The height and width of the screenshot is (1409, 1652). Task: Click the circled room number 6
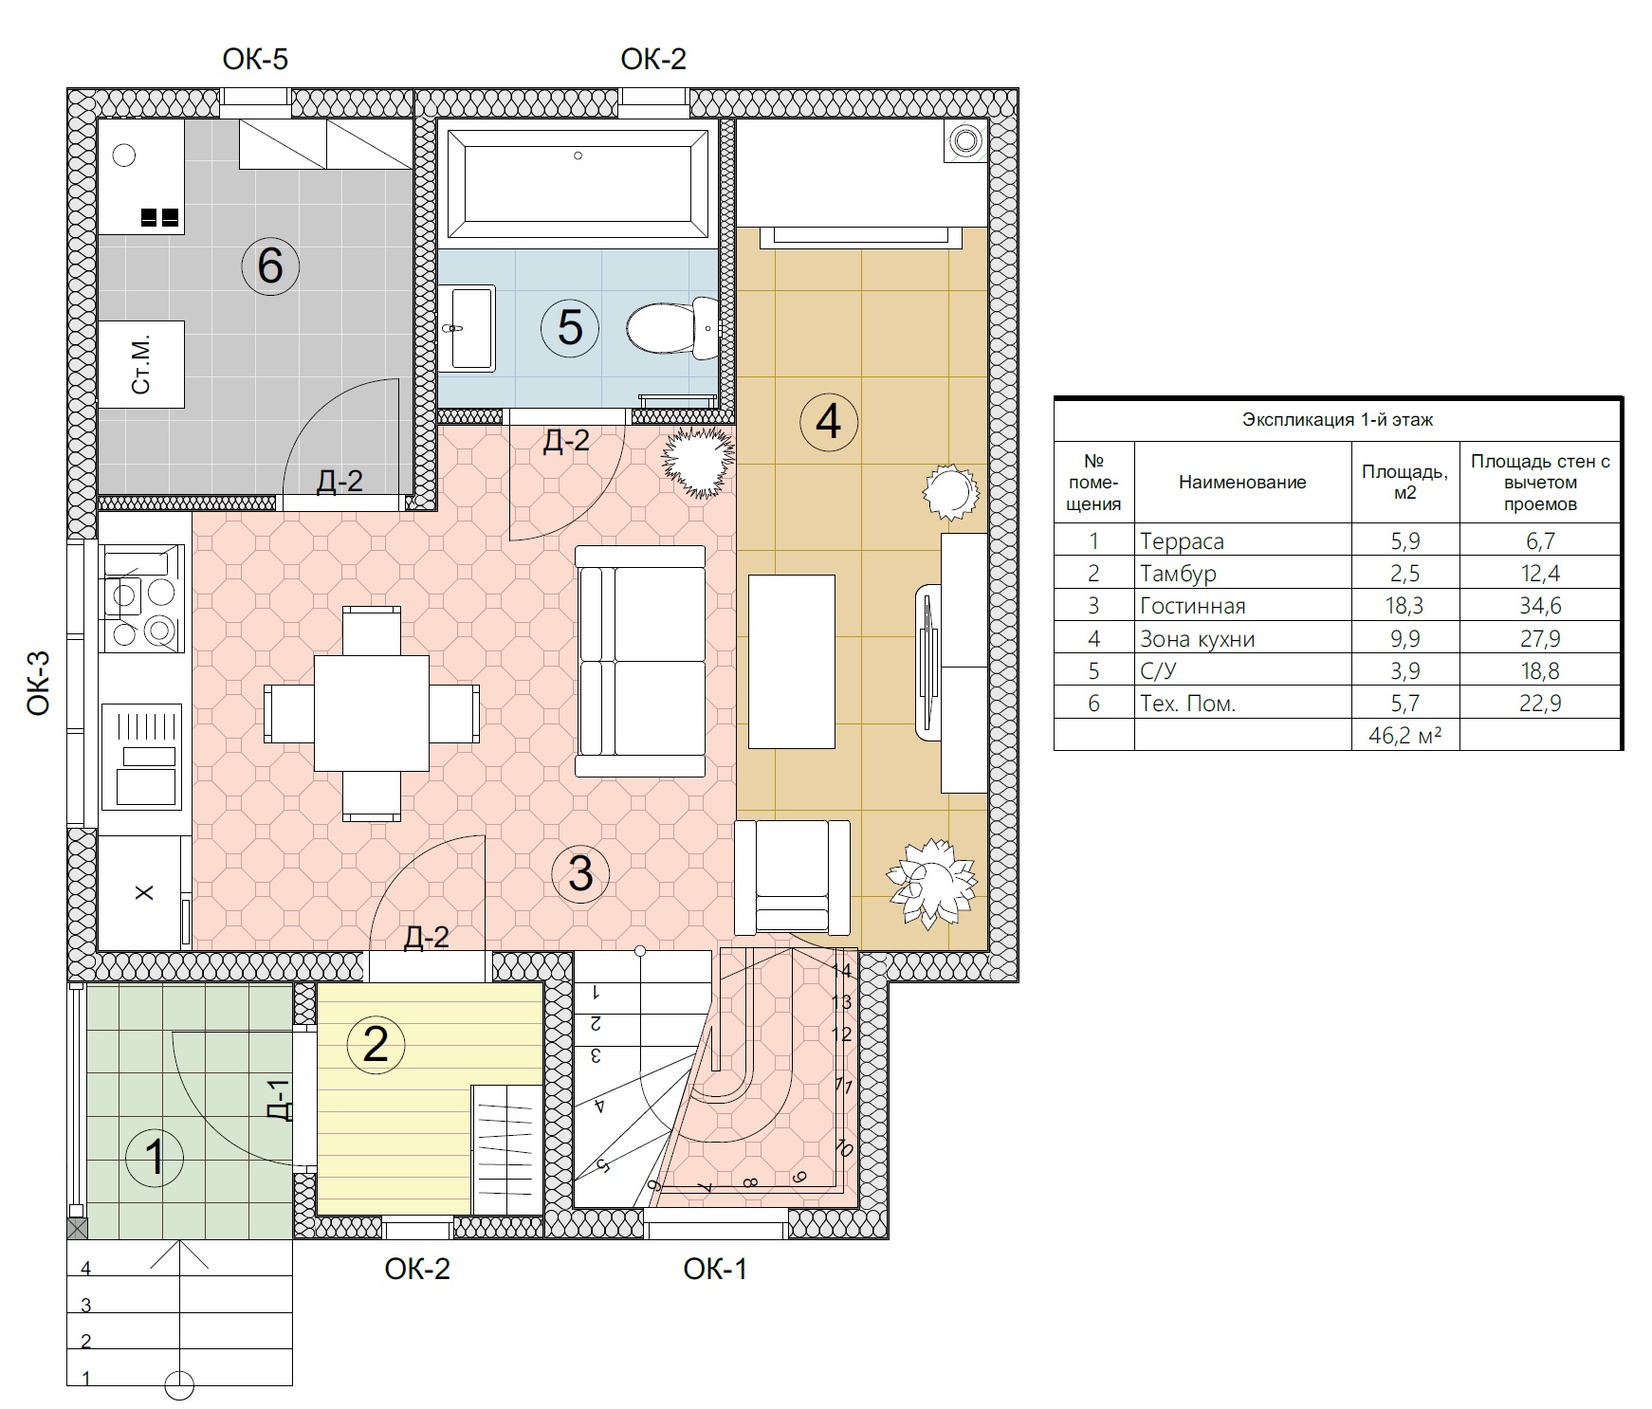click(x=270, y=265)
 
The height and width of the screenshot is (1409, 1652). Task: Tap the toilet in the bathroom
click(x=673, y=328)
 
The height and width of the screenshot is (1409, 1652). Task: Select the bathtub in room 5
click(x=578, y=184)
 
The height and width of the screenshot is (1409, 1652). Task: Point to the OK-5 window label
click(x=255, y=60)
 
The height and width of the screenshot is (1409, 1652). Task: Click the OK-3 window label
click(x=39, y=682)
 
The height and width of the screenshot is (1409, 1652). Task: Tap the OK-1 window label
click(x=715, y=1269)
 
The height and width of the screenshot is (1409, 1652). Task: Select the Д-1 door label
click(x=278, y=1099)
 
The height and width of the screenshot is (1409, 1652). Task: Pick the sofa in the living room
click(x=641, y=661)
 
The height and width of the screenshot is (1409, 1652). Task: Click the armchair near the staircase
click(x=793, y=876)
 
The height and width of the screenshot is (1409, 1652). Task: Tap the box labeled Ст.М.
click(x=141, y=365)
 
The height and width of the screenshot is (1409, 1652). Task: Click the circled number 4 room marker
click(x=829, y=420)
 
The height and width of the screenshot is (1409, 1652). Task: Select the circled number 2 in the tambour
click(x=376, y=1044)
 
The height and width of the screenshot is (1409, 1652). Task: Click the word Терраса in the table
click(x=1182, y=541)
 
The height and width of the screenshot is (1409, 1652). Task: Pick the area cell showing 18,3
click(x=1404, y=606)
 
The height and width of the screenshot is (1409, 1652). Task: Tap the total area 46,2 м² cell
click(x=1404, y=735)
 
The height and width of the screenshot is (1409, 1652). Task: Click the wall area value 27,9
click(x=1540, y=638)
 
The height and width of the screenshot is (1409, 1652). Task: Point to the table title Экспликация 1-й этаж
click(x=1337, y=419)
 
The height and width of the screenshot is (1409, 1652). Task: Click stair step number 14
click(x=841, y=970)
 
